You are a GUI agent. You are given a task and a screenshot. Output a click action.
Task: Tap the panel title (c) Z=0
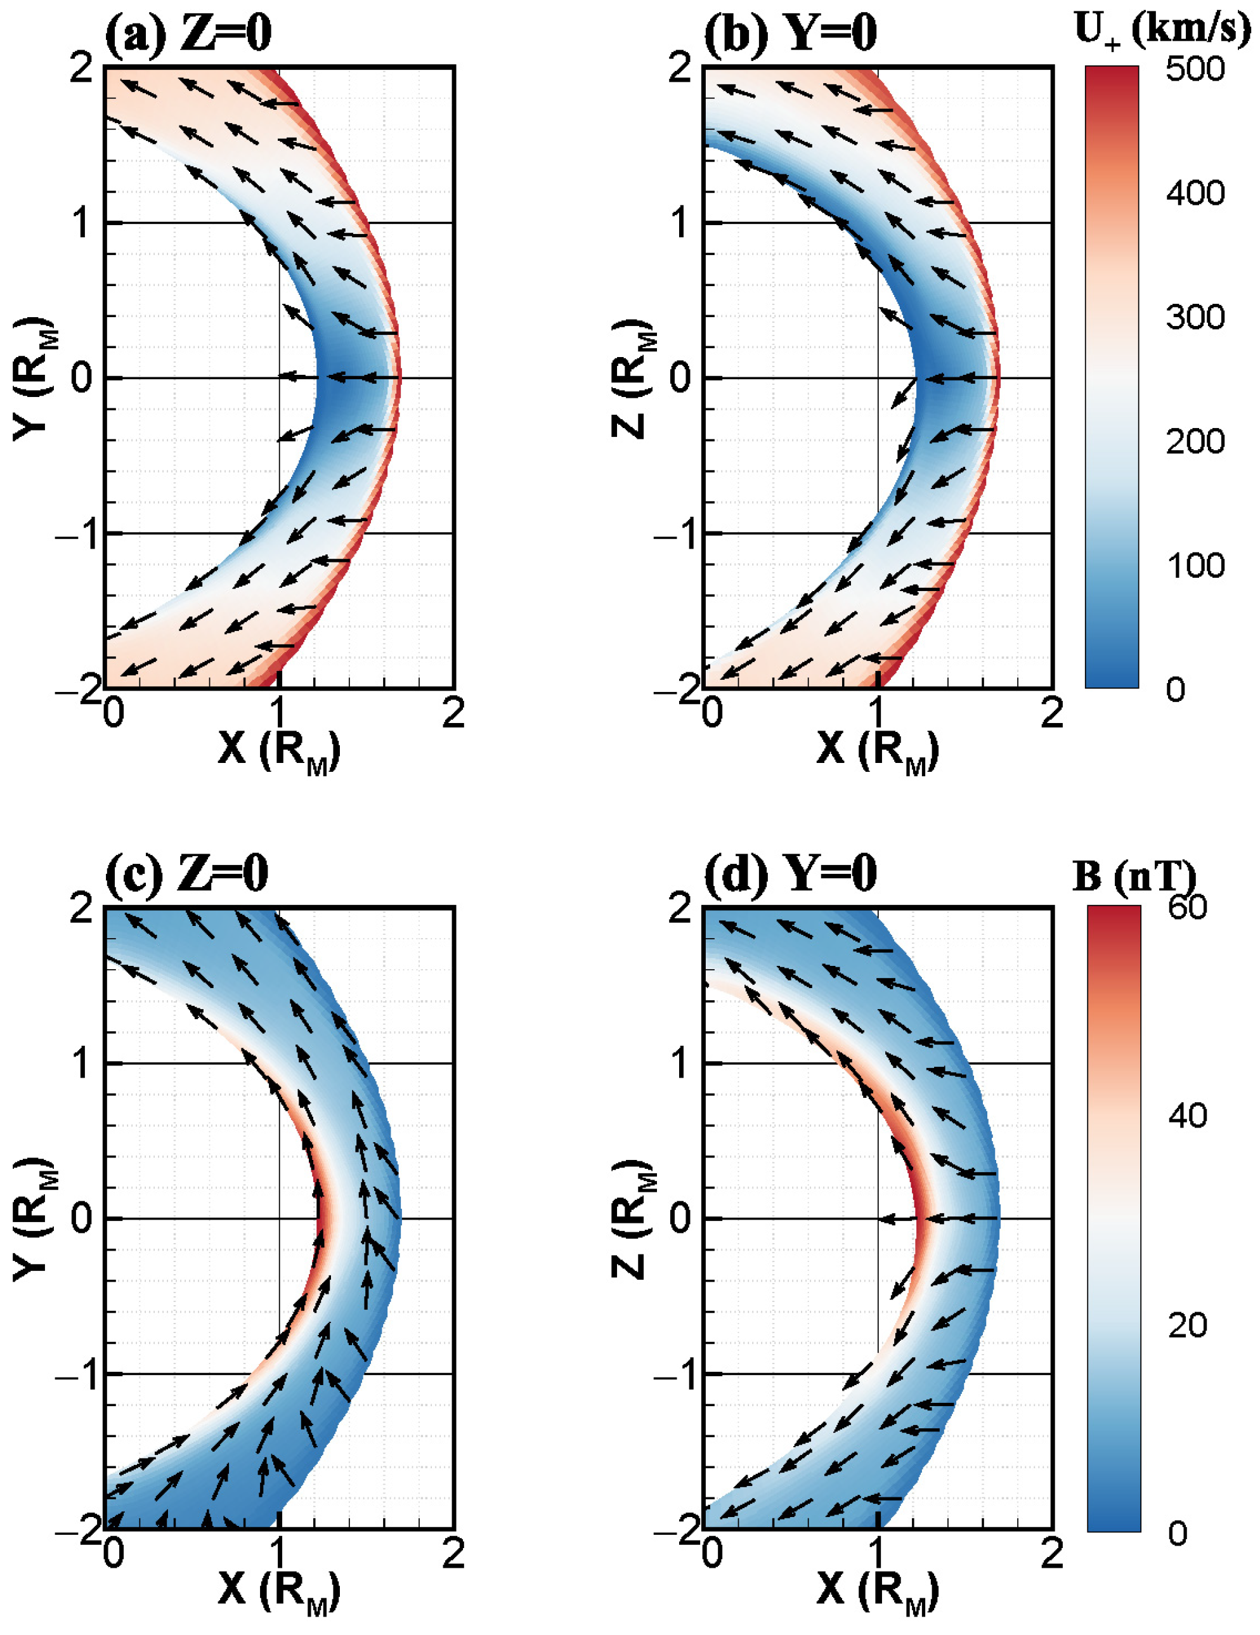[186, 874]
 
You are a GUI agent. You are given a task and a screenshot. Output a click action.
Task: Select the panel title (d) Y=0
[790, 874]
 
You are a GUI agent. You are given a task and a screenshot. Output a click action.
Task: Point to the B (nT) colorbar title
[1134, 875]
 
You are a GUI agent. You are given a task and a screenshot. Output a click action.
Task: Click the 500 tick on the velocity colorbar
[1195, 69]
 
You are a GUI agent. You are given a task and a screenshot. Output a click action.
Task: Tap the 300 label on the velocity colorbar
[1195, 317]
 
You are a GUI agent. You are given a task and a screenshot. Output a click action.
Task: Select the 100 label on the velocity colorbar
[1195, 564]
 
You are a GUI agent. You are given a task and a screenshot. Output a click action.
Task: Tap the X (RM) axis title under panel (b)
[878, 750]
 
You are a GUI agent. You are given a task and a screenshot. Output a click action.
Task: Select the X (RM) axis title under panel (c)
[278, 1590]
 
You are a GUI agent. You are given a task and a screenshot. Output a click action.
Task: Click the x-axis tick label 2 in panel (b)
[1051, 713]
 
